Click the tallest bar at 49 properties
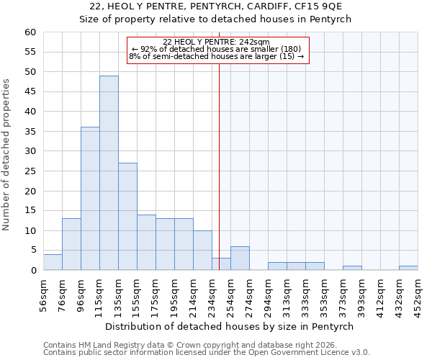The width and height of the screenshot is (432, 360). point(109,173)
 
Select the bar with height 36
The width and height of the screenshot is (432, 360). point(90,199)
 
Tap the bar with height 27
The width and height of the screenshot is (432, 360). point(127,217)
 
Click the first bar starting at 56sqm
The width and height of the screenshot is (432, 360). point(53,262)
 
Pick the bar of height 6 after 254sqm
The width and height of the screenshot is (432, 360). point(240,258)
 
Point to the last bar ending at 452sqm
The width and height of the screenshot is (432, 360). point(408,268)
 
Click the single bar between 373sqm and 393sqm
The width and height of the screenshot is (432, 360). point(352,268)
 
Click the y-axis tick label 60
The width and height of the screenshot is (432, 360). point(30,32)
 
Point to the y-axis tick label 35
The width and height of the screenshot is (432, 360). point(30,132)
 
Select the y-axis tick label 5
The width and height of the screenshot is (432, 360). point(32,251)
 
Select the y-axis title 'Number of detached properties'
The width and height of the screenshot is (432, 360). point(7,155)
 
